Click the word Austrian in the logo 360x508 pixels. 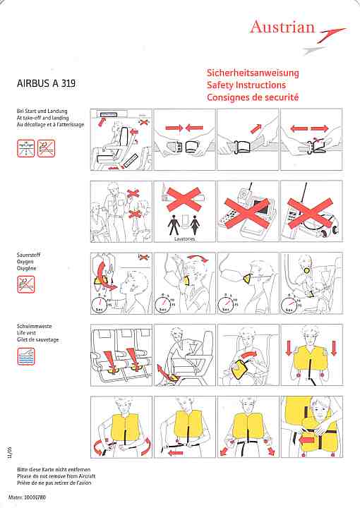tap(282, 27)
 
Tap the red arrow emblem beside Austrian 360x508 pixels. tap(331, 35)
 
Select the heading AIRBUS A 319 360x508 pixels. tap(46, 83)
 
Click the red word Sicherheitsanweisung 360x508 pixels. tap(253, 73)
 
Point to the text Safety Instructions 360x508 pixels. tap(246, 85)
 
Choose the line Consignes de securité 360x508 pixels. tap(253, 97)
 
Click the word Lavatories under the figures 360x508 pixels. tap(185, 238)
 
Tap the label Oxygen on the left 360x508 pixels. tap(25, 262)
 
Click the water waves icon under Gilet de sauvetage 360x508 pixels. tap(26, 356)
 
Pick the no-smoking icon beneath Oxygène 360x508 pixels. tap(26, 284)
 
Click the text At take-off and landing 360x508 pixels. tap(43, 118)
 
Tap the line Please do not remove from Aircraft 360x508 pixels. tap(56, 476)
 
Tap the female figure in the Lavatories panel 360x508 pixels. tap(195, 225)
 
